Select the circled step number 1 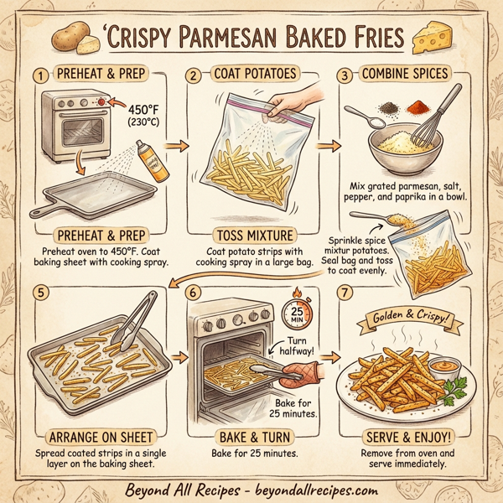[39, 75]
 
